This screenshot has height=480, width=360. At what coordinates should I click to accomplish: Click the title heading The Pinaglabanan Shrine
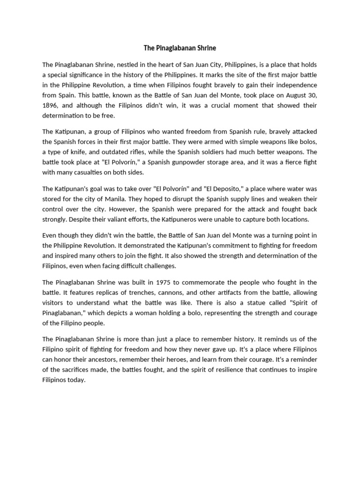(180, 48)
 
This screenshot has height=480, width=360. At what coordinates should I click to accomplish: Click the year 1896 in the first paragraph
(50, 105)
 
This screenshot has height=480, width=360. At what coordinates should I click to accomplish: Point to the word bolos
(307, 142)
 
